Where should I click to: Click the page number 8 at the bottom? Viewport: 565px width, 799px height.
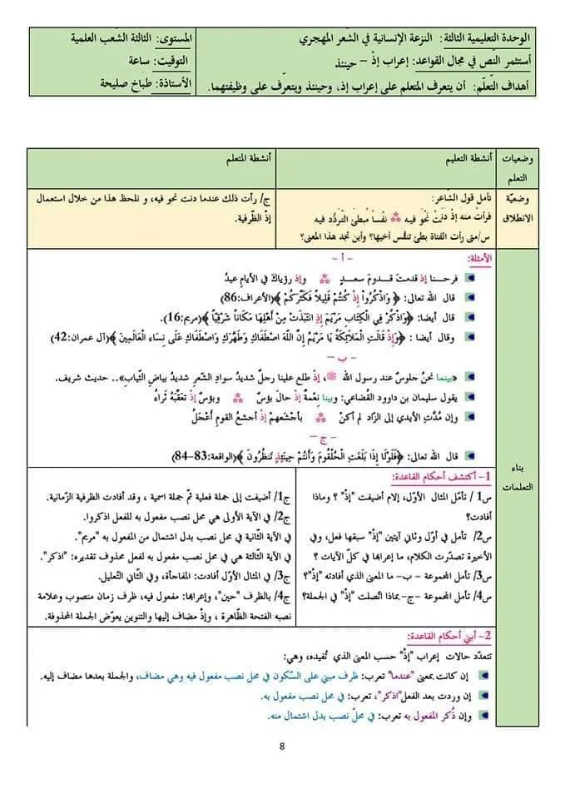tap(282, 744)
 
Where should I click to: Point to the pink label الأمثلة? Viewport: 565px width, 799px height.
tap(478, 259)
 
